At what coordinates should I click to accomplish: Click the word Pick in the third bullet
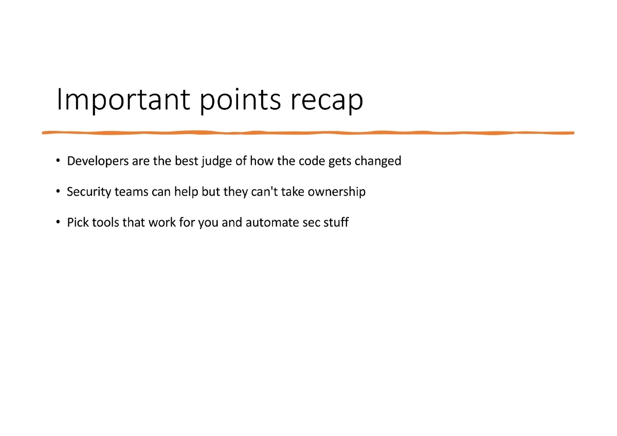[77, 223]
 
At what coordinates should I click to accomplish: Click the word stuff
[337, 223]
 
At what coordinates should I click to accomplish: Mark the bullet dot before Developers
[59, 162]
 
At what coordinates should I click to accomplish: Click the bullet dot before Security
[59, 193]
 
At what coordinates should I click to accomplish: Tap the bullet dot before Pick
[59, 223]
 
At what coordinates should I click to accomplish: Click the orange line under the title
[308, 132]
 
